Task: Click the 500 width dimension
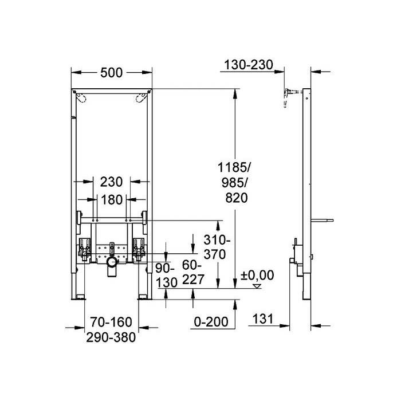(x=112, y=73)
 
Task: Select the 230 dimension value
(x=111, y=182)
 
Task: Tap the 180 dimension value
(x=112, y=200)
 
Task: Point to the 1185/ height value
(x=234, y=168)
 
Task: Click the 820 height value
(x=237, y=198)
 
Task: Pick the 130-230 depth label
(x=249, y=65)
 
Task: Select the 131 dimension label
(x=263, y=319)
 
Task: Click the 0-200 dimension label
(x=211, y=322)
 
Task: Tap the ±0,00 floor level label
(x=257, y=276)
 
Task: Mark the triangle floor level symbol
(x=257, y=286)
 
